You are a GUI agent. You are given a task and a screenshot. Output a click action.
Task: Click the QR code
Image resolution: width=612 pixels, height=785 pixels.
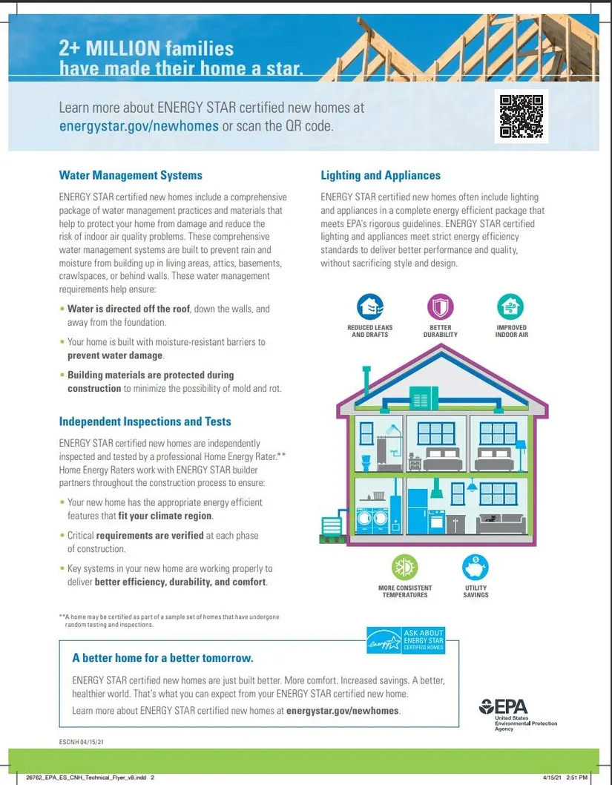[521, 116]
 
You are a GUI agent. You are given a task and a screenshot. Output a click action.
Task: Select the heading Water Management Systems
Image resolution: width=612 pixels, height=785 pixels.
[131, 176]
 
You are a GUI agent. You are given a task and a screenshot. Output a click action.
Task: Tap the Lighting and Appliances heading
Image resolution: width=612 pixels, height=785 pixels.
[381, 176]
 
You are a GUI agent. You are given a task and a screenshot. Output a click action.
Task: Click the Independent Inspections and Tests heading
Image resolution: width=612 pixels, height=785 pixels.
[145, 421]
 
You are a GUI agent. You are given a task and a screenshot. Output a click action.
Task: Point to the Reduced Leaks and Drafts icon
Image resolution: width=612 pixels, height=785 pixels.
[369, 306]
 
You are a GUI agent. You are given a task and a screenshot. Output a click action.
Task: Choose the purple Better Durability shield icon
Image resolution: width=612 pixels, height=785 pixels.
[441, 306]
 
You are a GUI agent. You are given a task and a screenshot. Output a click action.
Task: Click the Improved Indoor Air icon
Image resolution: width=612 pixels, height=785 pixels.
[510, 306]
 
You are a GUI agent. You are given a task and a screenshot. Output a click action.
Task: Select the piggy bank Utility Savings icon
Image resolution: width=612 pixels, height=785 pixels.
[476, 568]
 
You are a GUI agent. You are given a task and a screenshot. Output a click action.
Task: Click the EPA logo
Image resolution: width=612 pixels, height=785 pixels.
[505, 706]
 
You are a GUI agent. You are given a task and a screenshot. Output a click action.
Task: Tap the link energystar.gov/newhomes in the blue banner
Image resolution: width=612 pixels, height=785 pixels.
[139, 126]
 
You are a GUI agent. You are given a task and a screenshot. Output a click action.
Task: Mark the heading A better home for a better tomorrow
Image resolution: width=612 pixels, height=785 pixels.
[162, 658]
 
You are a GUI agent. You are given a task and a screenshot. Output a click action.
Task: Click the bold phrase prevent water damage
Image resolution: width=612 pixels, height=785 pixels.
[115, 355]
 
